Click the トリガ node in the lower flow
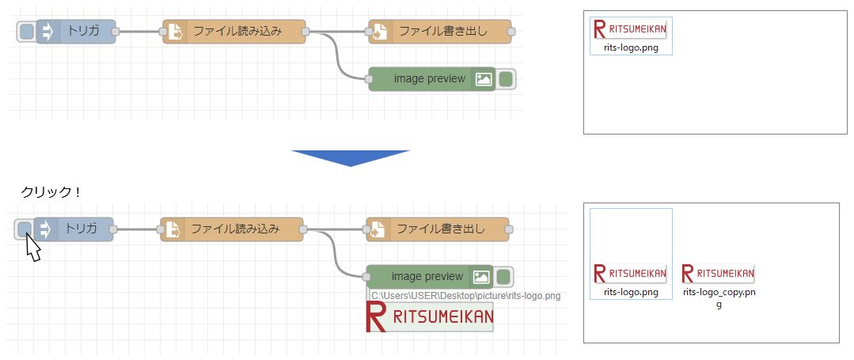[x=80, y=229]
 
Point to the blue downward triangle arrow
[x=350, y=157]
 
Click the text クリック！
[x=51, y=193]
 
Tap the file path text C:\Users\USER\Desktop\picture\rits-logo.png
[x=465, y=296]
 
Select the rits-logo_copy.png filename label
[x=719, y=297]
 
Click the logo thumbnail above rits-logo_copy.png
[x=718, y=274]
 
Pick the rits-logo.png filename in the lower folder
[x=631, y=292]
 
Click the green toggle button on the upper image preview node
[x=506, y=79]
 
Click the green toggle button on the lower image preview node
[x=503, y=277]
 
